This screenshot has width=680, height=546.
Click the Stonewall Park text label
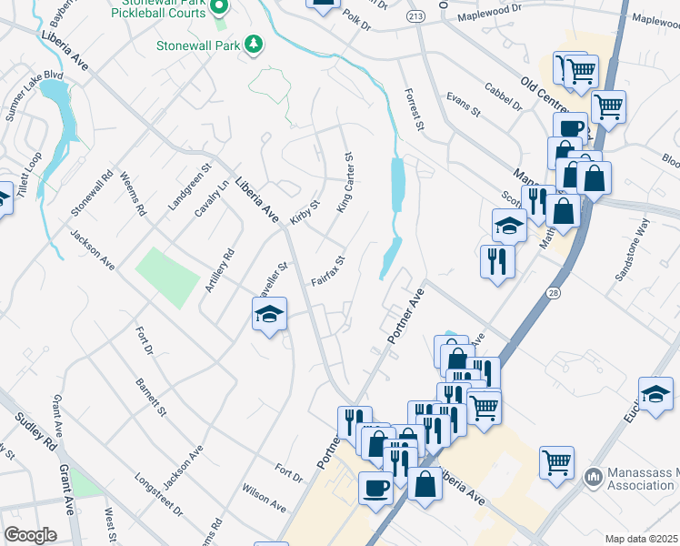coord(198,43)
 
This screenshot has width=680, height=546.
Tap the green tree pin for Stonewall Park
coord(255,43)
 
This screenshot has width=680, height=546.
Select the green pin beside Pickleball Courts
coord(218,7)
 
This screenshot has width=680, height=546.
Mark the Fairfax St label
coord(328,271)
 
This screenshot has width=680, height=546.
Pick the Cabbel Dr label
coord(503,99)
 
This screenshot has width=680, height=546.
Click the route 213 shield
coord(416,16)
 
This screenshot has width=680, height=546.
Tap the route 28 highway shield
coord(553,291)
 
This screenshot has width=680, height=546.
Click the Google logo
coord(30,534)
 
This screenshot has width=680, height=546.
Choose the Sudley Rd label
coord(35,432)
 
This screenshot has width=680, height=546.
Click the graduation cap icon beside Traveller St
coord(270,315)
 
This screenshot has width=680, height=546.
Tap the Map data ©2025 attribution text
coord(642,540)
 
